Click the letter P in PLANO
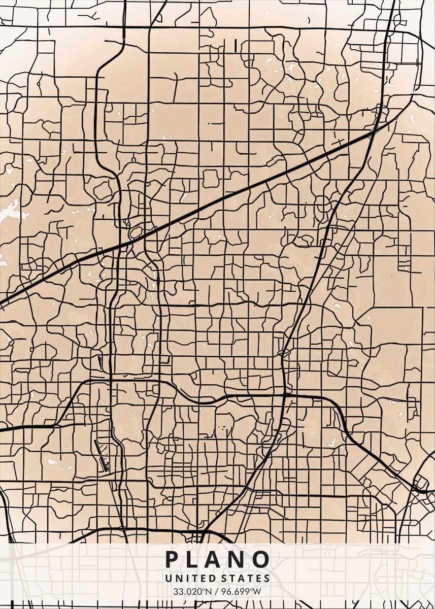tap(173, 559)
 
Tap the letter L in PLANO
tap(196, 559)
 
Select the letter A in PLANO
tap(217, 559)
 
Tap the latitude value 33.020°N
tap(191, 592)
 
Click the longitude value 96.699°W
tap(243, 592)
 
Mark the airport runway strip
tap(102, 456)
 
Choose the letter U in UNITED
tap(168, 578)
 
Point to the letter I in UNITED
tap(182, 578)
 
